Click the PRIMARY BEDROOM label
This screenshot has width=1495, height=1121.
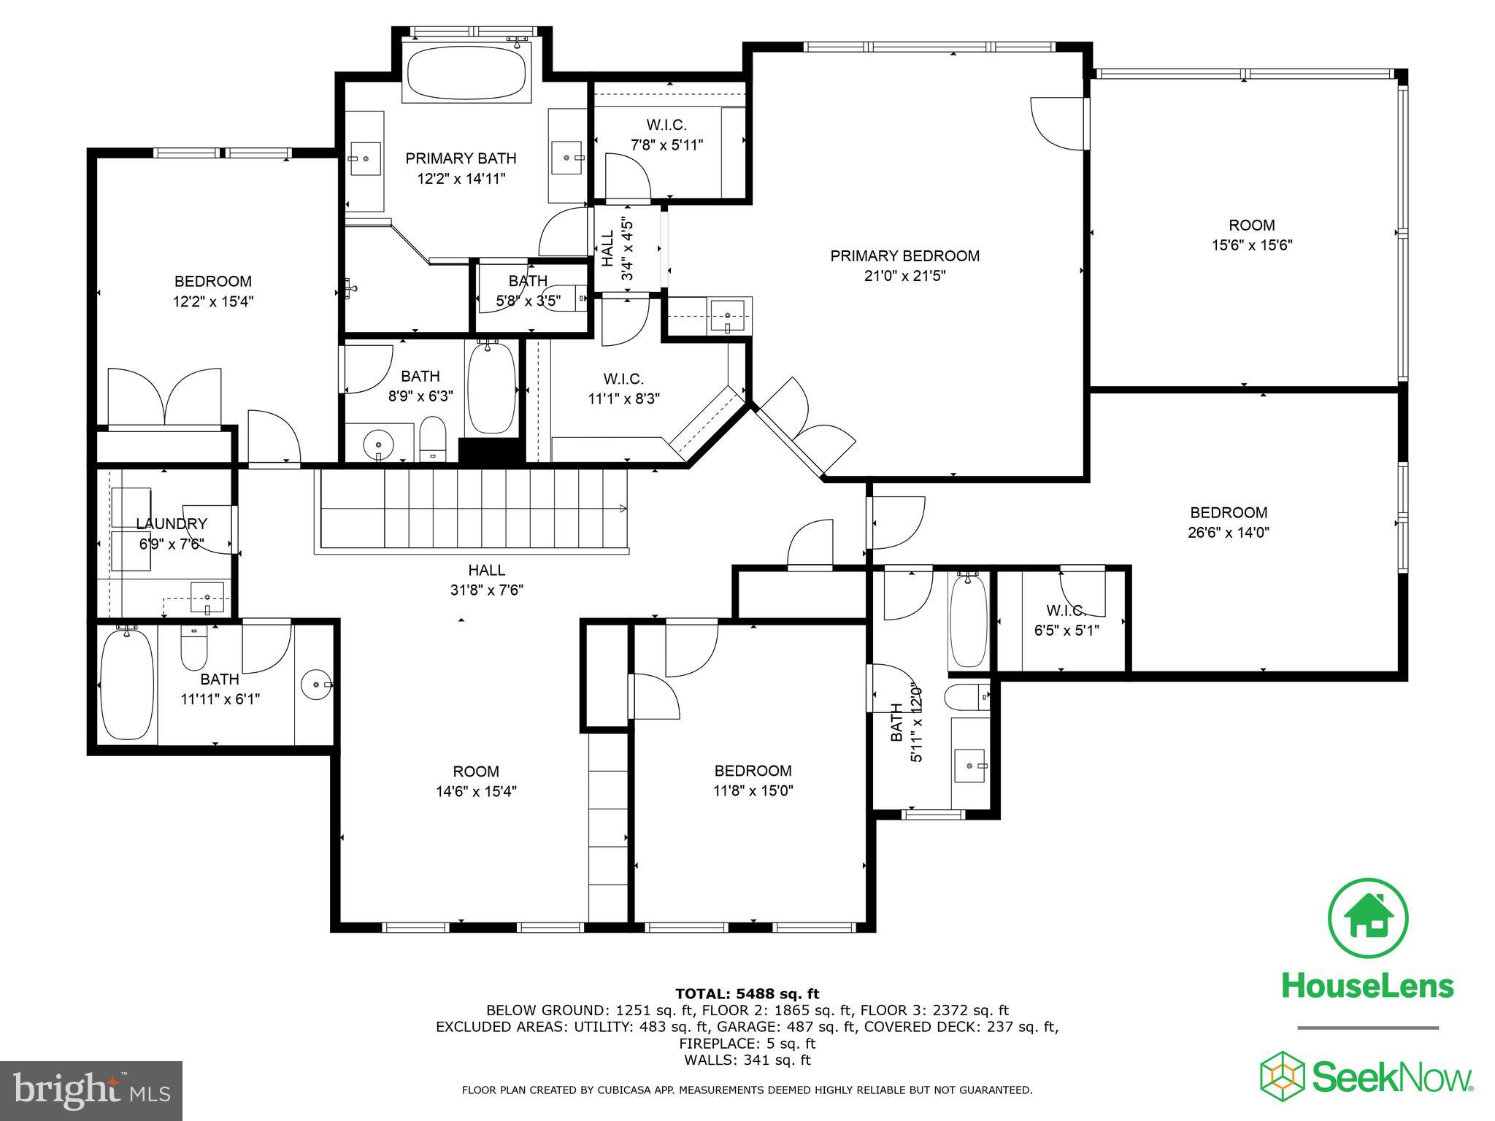(x=904, y=256)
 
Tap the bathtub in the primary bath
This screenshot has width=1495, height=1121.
(x=466, y=73)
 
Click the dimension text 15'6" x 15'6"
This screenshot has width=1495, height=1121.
(x=1252, y=246)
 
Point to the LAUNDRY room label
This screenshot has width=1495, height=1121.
(x=172, y=524)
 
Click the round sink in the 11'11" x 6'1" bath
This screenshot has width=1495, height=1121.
(x=315, y=685)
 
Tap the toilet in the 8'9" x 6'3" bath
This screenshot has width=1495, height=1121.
(x=433, y=439)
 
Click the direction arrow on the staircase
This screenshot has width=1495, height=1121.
(x=622, y=508)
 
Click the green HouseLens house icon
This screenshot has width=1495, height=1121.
(x=1367, y=919)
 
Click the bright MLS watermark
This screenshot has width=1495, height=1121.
(x=91, y=1090)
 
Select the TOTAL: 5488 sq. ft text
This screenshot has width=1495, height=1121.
(x=747, y=994)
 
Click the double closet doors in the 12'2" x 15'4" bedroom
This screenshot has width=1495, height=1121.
(x=164, y=398)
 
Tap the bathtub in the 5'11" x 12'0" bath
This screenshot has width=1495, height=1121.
(x=969, y=620)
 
